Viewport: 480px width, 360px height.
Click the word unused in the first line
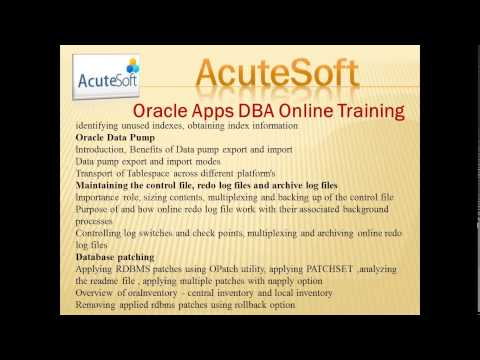coord(142,126)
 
